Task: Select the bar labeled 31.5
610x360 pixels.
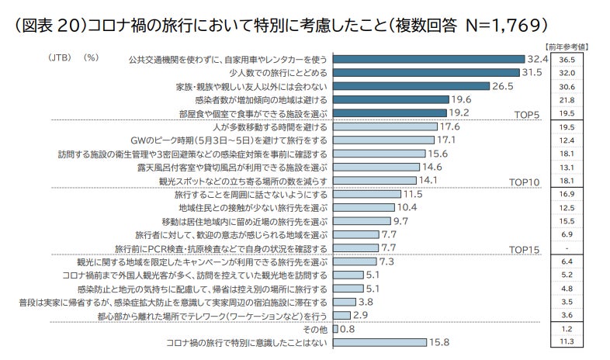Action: pyautogui.click(x=426, y=72)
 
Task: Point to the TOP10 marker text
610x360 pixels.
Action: pyautogui.click(x=524, y=182)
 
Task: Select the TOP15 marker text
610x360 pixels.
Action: pyautogui.click(x=524, y=250)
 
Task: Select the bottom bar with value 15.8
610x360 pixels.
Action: pyautogui.click(x=380, y=342)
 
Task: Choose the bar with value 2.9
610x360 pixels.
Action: pyautogui.click(x=341, y=316)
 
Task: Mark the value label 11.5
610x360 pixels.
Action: pyautogui.click(x=414, y=194)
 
